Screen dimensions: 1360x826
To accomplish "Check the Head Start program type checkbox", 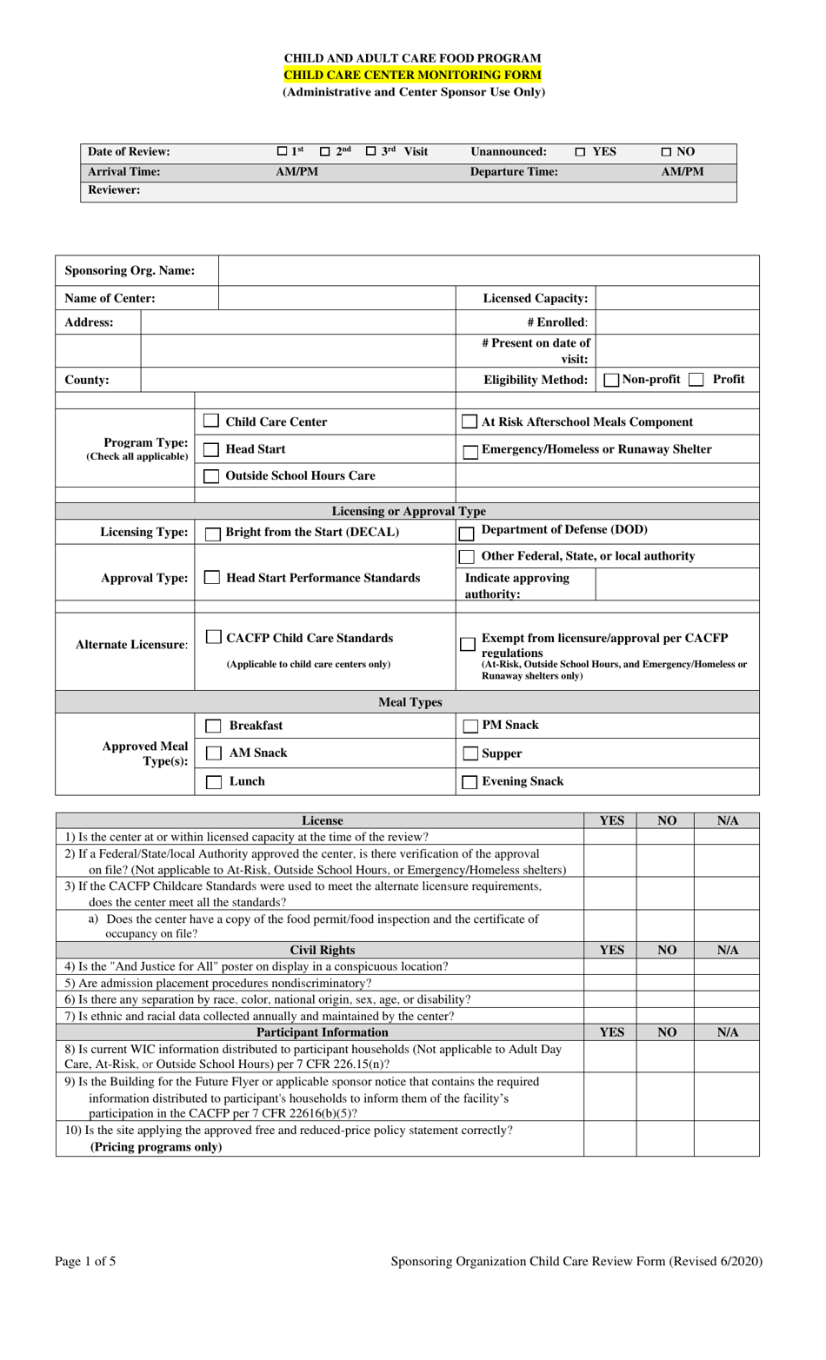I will [x=210, y=449].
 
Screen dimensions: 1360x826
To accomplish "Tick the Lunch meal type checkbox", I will [x=213, y=782].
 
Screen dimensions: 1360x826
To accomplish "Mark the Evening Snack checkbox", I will [x=470, y=782].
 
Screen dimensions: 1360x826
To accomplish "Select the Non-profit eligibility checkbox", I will [x=611, y=380].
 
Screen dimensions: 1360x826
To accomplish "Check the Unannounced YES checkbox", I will [x=580, y=152].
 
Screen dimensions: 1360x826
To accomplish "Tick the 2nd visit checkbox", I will [x=325, y=152].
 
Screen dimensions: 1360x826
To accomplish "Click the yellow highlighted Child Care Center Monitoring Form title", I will [x=412, y=75].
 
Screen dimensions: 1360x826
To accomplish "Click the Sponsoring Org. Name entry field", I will [x=489, y=270].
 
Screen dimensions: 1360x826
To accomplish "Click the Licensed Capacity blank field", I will [x=677, y=298].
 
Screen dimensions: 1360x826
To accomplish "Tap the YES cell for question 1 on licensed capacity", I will [x=610, y=837].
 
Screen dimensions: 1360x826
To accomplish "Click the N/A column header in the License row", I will [x=727, y=820].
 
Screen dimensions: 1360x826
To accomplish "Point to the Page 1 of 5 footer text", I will [x=85, y=1261].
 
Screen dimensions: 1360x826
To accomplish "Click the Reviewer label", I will [x=114, y=190].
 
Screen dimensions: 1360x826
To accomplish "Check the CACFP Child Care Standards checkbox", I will [x=213, y=638].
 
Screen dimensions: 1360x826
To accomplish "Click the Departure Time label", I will [x=514, y=172].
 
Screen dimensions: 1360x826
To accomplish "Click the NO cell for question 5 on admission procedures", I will [x=665, y=983].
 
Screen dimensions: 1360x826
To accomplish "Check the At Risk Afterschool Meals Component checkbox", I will [x=470, y=422].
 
